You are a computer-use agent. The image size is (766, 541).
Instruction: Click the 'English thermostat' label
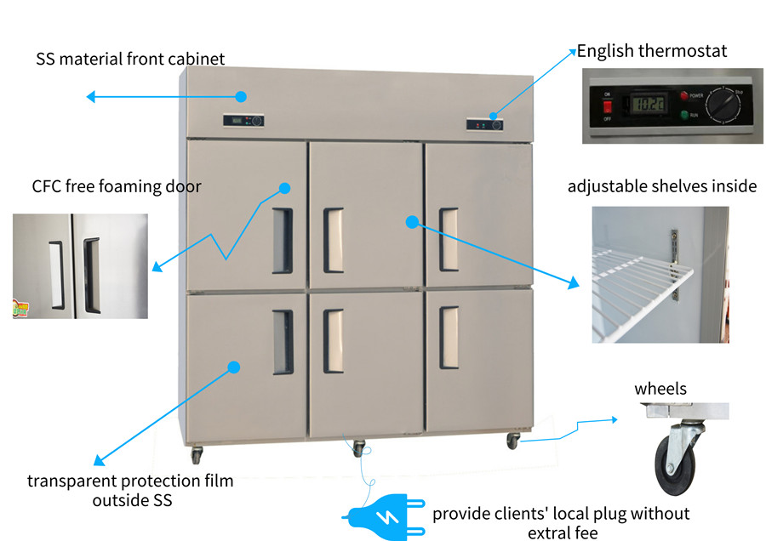(x=652, y=51)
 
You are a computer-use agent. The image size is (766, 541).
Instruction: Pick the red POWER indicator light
(x=683, y=95)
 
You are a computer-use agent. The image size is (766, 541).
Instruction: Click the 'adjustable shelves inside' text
(x=661, y=186)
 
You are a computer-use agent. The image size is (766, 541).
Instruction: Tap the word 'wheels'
(x=660, y=389)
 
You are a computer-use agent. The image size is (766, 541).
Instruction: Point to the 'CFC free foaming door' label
(x=117, y=186)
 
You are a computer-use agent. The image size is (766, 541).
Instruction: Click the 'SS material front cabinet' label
(x=130, y=60)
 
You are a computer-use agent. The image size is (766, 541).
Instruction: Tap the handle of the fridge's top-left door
(x=283, y=241)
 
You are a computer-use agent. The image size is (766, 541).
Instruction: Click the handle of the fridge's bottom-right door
(x=449, y=338)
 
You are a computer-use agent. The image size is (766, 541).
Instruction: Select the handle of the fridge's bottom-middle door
(x=333, y=341)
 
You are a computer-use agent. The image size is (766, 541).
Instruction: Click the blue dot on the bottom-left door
(x=234, y=367)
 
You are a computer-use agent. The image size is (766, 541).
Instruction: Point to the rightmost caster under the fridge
(x=513, y=441)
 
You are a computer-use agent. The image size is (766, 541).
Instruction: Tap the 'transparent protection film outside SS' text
(x=130, y=491)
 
